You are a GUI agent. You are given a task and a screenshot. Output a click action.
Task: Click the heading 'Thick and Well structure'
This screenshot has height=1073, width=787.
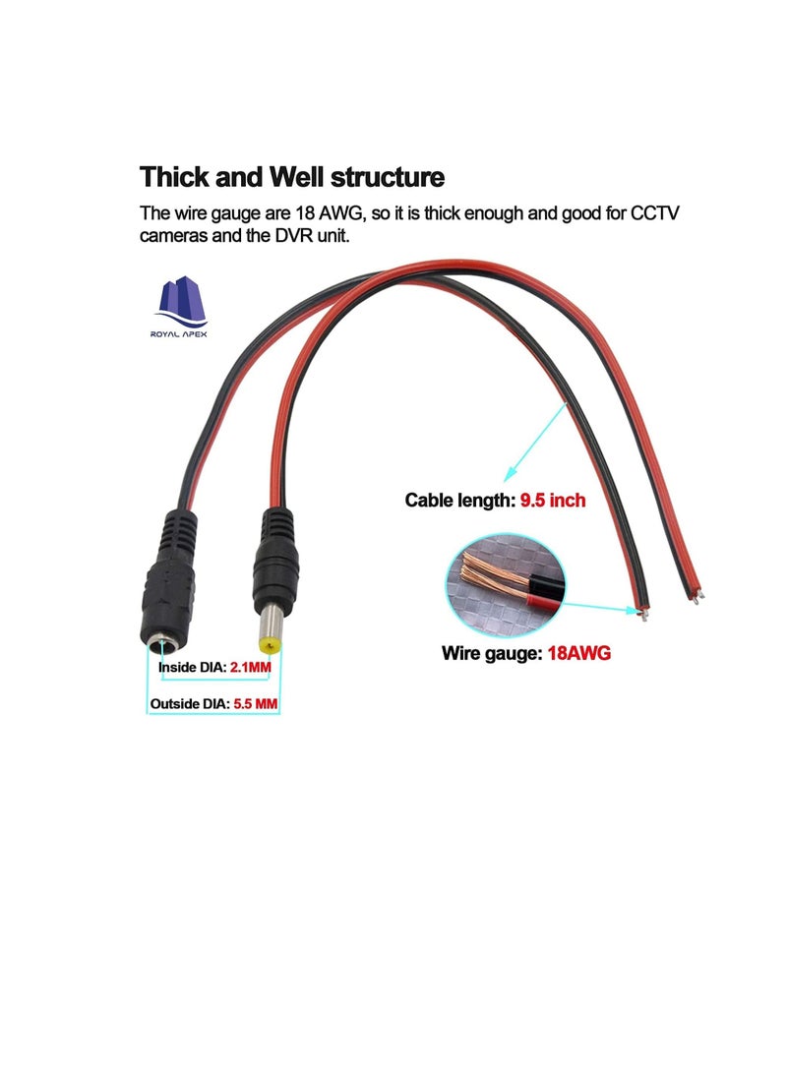[292, 177]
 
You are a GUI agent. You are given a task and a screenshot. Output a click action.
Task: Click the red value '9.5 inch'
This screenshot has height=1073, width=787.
[553, 501]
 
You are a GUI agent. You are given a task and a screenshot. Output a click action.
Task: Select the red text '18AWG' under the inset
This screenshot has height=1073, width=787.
[579, 653]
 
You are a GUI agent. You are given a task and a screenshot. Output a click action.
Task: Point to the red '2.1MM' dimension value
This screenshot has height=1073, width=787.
[251, 667]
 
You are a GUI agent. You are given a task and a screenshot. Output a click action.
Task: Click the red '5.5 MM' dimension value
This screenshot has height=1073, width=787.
[255, 703]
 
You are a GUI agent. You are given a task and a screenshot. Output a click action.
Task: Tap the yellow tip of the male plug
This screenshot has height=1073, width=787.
[270, 645]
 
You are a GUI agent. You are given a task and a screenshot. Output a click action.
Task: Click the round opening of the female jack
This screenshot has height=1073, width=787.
[162, 644]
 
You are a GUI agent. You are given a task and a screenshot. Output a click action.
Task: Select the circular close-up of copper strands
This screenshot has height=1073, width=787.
[506, 586]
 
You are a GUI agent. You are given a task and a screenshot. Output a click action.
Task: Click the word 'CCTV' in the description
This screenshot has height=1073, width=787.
[655, 213]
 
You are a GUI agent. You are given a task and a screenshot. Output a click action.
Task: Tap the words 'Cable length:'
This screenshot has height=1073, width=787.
[459, 501]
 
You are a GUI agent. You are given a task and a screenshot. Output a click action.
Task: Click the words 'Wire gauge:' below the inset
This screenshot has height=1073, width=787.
[492, 653]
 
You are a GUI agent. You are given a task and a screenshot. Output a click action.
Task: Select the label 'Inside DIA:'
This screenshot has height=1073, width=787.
[192, 667]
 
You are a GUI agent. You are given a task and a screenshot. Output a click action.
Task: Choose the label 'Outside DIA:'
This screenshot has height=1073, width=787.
[190, 703]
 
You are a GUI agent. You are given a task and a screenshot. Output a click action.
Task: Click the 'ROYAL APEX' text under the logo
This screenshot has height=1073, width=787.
[179, 334]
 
